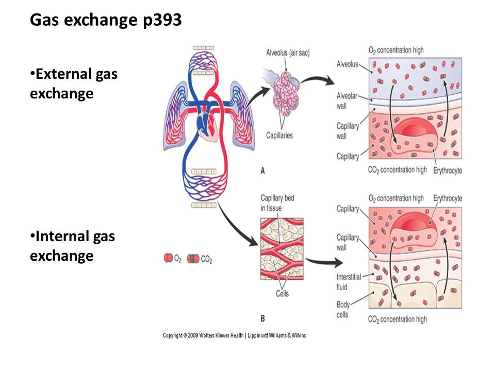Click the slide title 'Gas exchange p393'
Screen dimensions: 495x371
coord(106,21)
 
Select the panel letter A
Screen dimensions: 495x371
coord(262,172)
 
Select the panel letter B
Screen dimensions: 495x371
coord(262,318)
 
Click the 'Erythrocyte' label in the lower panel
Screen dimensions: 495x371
coord(448,198)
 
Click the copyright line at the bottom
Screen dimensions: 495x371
coord(235,335)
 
